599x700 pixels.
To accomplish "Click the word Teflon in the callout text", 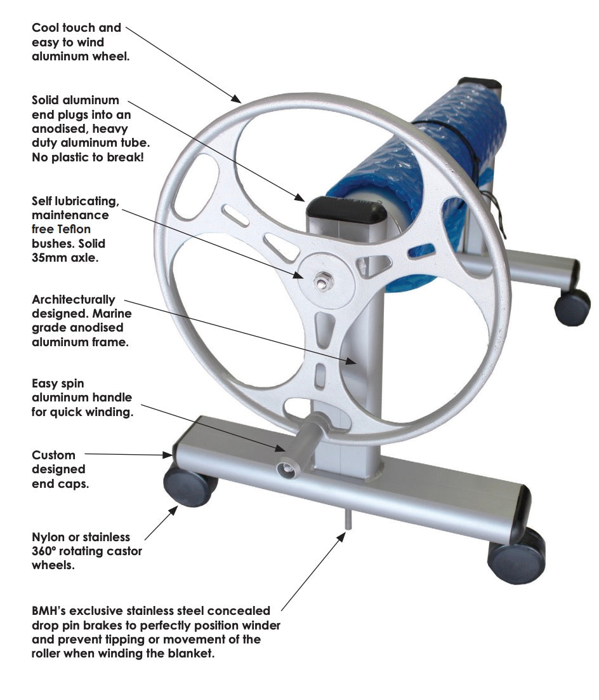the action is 74,229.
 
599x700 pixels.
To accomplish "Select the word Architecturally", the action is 74,300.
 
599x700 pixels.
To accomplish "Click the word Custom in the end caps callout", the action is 53,455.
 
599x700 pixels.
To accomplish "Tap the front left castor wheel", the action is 190,485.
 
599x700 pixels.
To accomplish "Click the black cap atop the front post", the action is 346,213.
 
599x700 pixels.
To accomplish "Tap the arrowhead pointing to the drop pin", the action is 341,537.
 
